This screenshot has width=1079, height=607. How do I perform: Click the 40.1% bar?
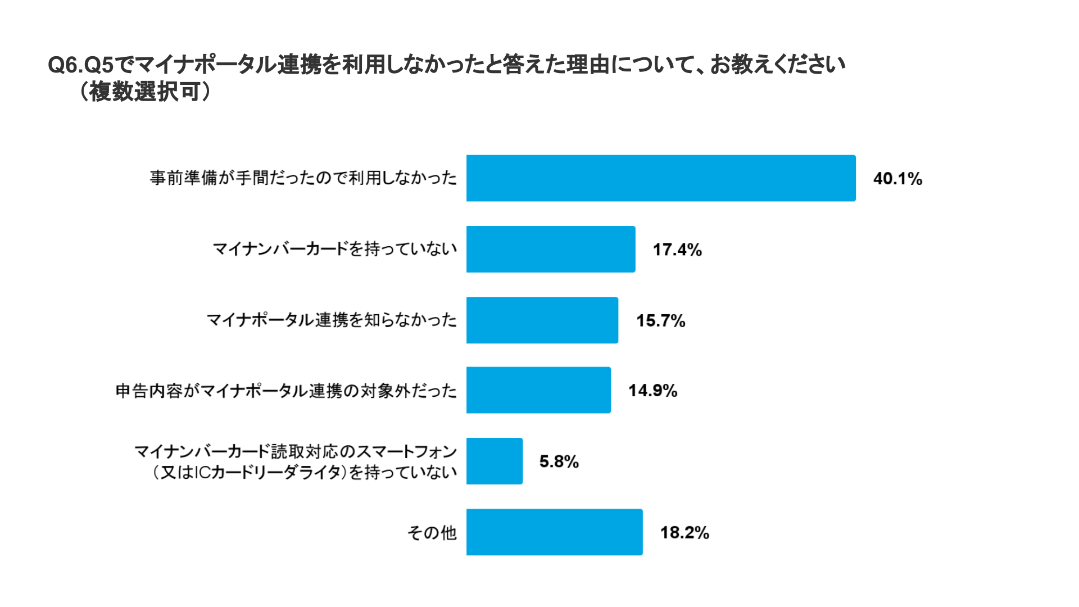coord(661,178)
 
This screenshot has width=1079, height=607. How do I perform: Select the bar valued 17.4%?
coord(551,249)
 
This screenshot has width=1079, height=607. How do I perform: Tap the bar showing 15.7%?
coord(542,320)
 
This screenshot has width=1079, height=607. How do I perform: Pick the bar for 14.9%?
coord(538,390)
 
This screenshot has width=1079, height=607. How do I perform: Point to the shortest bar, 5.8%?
coord(495,461)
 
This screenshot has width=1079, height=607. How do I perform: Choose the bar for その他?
coord(554,532)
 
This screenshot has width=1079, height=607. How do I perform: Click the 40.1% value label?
coord(897,179)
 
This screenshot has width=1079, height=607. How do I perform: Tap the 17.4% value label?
coord(677,250)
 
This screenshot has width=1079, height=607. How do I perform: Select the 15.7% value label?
coord(660,320)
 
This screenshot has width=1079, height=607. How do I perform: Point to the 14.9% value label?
coord(652,391)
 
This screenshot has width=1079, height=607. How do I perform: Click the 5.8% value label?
coord(559,461)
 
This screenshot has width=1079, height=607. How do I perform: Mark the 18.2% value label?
coord(684,532)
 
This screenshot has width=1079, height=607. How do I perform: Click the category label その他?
coord(432,532)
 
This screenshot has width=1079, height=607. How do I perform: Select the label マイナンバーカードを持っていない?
coord(335,249)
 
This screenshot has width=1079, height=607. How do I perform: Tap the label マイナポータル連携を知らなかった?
coord(332,320)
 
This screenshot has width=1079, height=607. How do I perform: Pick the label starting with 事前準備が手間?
coord(303,178)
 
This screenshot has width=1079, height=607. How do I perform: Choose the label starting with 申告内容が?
coord(286,391)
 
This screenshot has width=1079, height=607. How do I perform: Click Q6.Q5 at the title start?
coord(80,65)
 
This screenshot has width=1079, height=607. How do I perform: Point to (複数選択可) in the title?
coord(145,92)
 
